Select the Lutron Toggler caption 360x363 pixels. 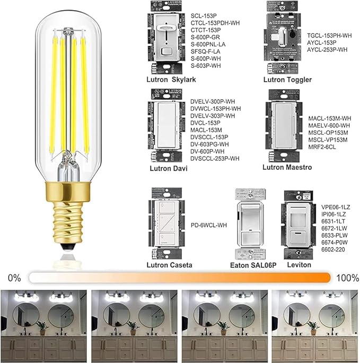click(287, 80)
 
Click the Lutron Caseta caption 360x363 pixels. click(170, 264)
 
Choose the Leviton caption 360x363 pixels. click(300, 264)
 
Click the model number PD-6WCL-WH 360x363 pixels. click(208, 225)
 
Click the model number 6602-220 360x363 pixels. click(332, 249)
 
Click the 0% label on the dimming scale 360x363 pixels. click(14, 278)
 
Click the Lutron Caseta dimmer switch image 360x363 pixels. click(169, 222)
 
